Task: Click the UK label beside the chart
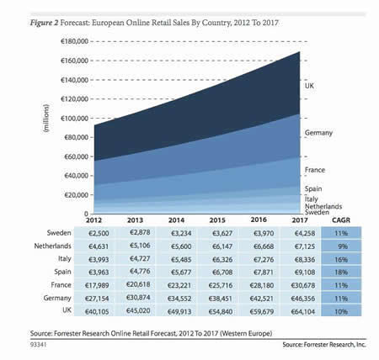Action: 308,86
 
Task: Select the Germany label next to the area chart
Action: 318,133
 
